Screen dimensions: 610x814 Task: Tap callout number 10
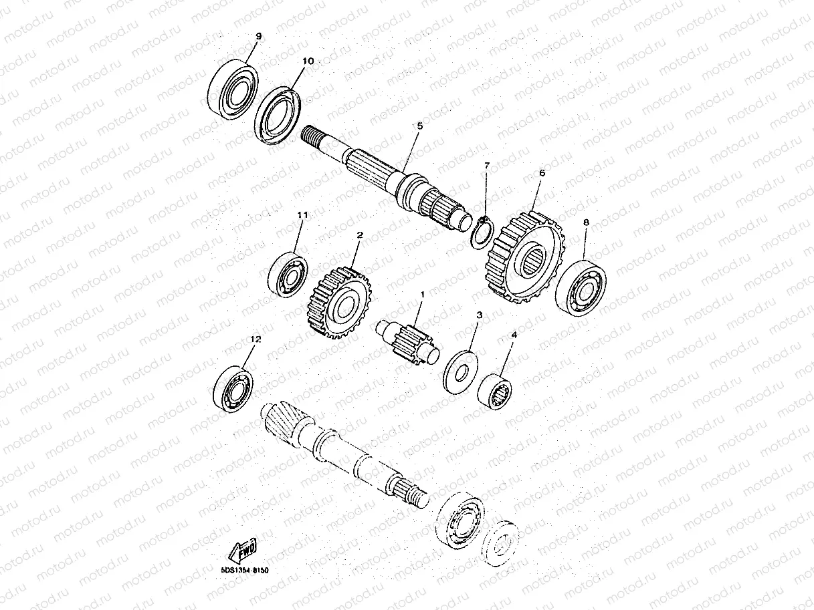point(307,61)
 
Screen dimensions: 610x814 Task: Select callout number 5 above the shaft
point(419,126)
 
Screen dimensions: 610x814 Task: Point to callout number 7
point(486,164)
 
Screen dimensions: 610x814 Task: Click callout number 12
point(254,339)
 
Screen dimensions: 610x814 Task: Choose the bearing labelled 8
point(581,288)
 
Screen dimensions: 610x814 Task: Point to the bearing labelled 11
point(287,273)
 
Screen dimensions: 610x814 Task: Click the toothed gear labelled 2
point(340,304)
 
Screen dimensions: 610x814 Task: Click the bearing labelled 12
point(231,388)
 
